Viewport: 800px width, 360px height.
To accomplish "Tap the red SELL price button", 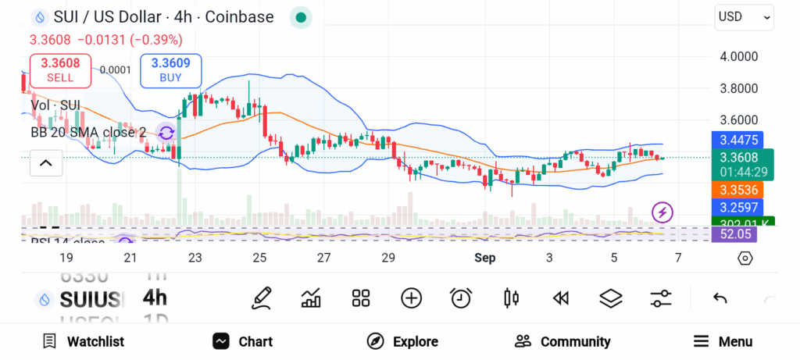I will (60, 70).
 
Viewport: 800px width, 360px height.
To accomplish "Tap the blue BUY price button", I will (170, 70).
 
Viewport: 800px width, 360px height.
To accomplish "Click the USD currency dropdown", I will (744, 16).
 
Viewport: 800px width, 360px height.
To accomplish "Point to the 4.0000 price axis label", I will (738, 56).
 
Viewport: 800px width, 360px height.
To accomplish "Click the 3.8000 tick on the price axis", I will (738, 88).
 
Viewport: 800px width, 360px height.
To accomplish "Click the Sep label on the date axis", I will (486, 258).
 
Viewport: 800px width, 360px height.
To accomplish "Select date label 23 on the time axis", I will (195, 258).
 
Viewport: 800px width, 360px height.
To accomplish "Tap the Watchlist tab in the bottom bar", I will (84, 341).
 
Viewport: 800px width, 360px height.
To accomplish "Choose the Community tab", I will (562, 341).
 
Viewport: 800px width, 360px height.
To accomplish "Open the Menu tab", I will (723, 341).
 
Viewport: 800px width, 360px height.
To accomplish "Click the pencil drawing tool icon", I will (262, 298).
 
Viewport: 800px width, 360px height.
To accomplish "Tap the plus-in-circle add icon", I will (411, 298).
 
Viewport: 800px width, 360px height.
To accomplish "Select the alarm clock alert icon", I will (461, 298).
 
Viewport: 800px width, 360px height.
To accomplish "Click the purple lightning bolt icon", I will (662, 212).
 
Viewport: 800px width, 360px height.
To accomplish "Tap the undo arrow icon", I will (720, 298).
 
